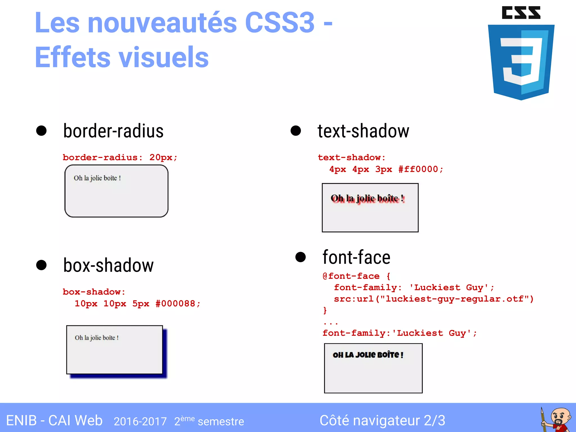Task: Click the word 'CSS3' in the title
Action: click(280, 22)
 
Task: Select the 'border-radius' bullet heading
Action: click(113, 131)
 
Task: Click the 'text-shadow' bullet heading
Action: click(363, 131)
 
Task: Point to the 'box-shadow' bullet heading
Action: click(108, 265)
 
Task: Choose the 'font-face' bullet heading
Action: click(356, 257)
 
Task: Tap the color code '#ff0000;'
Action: click(420, 169)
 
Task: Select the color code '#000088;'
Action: click(178, 304)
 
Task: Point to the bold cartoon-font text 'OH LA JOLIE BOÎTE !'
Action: click(368, 355)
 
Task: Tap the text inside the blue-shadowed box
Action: click(97, 338)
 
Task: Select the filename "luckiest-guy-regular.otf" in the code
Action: click(454, 299)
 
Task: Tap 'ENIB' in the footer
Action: click(21, 421)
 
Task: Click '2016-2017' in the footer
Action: click(140, 421)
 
